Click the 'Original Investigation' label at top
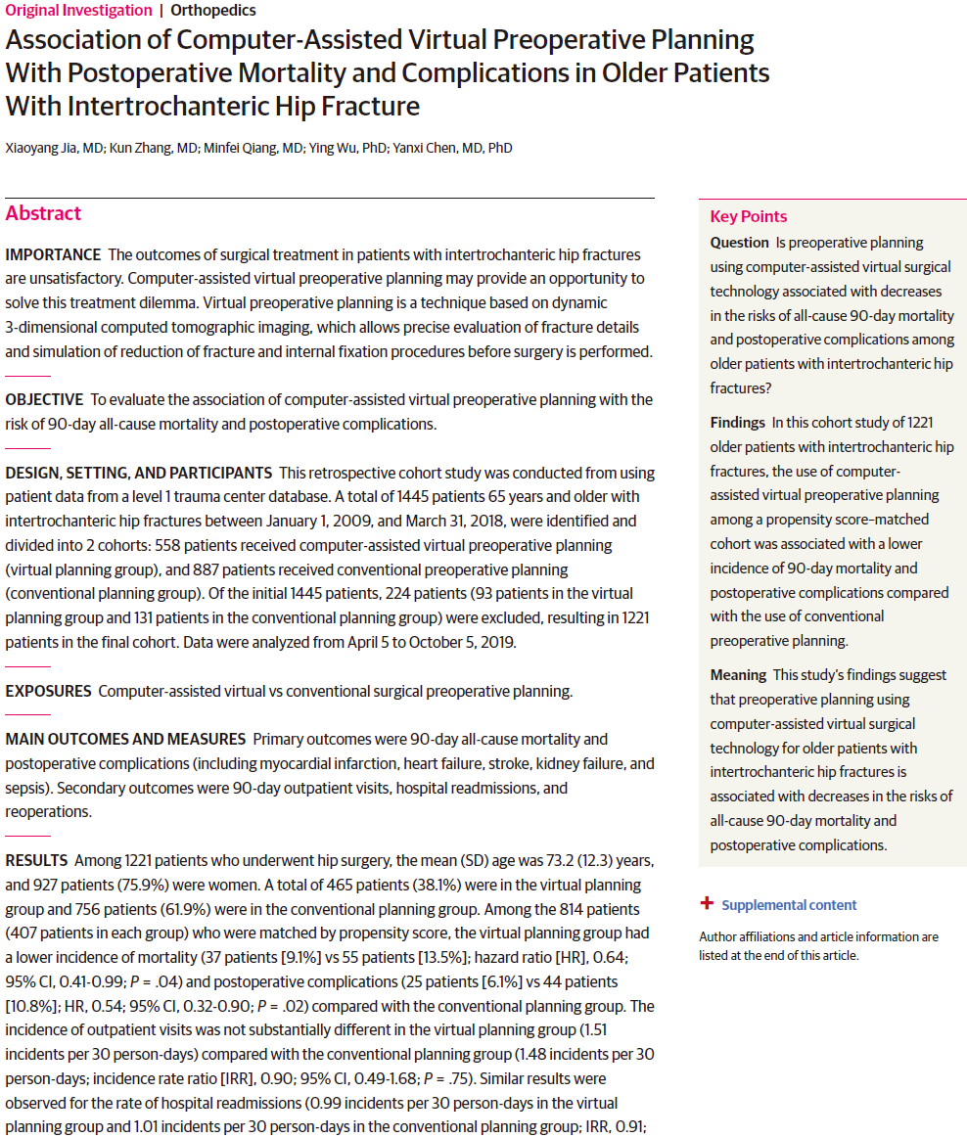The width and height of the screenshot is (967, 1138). [x=78, y=11]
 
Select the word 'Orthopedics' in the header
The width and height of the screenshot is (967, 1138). [x=213, y=11]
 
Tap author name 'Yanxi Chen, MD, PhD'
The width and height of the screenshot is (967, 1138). [x=452, y=148]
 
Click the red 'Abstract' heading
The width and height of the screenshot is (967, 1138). [x=43, y=213]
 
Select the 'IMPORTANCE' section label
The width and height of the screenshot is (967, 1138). [x=53, y=255]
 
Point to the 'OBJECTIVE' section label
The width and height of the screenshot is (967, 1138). [x=44, y=400]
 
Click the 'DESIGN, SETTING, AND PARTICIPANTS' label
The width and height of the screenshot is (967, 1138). [x=138, y=473]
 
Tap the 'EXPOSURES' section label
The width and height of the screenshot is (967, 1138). [x=48, y=691]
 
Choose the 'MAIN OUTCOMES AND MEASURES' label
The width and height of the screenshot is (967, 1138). [x=125, y=739]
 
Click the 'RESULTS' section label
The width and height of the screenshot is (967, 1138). [x=36, y=860]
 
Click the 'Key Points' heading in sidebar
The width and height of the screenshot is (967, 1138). [x=749, y=217]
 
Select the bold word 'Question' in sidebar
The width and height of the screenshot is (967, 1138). [x=739, y=243]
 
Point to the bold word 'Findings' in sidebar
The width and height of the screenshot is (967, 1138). [x=737, y=423]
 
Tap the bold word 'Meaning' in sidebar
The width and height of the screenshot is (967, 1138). [x=738, y=675]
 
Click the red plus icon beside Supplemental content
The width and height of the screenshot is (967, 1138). [x=707, y=904]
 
